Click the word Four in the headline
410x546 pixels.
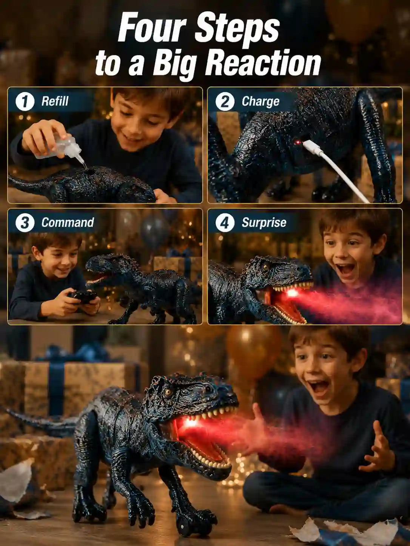[152, 30]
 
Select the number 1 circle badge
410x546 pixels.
[25, 101]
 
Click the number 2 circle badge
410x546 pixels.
[225, 101]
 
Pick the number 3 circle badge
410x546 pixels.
[25, 222]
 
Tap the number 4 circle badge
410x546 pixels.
[225, 222]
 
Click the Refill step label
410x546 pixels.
[55, 101]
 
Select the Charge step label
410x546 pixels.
[260, 102]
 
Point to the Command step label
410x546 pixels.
[68, 222]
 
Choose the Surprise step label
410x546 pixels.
[264, 223]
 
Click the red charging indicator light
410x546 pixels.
[297, 143]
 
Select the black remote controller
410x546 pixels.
[82, 297]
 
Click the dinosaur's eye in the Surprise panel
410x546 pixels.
[265, 267]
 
